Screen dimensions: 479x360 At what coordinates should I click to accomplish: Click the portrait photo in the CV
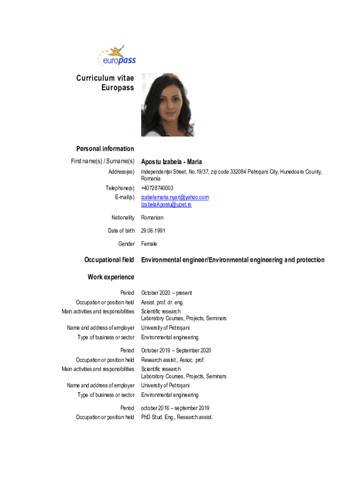167,105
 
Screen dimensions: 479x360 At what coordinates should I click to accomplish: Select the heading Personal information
105,149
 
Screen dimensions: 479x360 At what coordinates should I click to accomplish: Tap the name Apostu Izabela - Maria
172,162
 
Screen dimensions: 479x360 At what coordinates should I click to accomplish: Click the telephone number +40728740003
160,188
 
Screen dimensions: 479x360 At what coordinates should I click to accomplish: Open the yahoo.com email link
175,197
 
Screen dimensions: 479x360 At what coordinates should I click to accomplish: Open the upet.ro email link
166,204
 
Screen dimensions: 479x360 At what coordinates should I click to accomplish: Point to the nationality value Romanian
152,218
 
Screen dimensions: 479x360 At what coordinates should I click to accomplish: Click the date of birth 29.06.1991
153,231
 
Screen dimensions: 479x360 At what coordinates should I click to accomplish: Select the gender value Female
149,244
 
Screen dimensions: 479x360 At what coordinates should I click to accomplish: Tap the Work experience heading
111,277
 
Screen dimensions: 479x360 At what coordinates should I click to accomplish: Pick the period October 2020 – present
166,293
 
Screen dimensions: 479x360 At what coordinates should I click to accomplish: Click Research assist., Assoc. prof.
173,360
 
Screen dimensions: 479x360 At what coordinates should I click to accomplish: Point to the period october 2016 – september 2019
175,408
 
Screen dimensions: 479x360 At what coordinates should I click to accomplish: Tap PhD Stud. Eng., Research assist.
177,417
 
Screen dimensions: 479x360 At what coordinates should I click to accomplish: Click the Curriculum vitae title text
105,79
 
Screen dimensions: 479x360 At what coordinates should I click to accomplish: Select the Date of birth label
120,231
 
